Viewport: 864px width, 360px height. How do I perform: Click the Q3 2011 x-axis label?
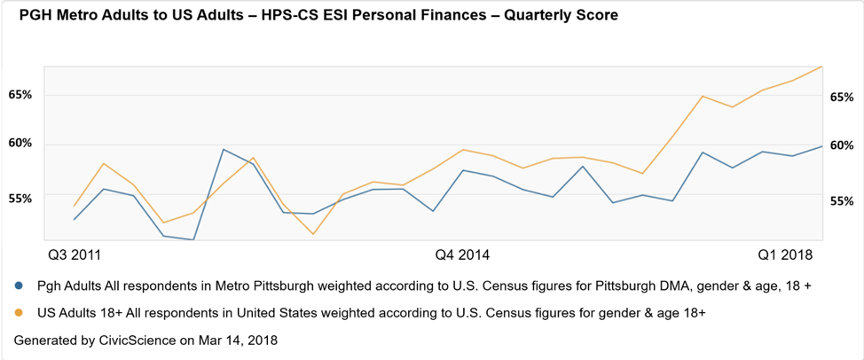coord(74,255)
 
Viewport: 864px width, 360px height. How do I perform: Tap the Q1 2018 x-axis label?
coord(785,255)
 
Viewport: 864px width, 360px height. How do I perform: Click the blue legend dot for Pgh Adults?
coord(20,286)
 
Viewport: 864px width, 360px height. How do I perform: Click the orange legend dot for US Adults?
coord(20,313)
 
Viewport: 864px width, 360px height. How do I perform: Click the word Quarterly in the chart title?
coord(516,16)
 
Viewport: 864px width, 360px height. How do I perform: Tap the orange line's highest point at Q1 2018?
coord(822,67)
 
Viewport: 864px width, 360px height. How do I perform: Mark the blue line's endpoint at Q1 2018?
coord(822,145)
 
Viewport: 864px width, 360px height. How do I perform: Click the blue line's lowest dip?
coord(192,239)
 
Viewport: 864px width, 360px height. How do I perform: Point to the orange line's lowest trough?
coord(313,234)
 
